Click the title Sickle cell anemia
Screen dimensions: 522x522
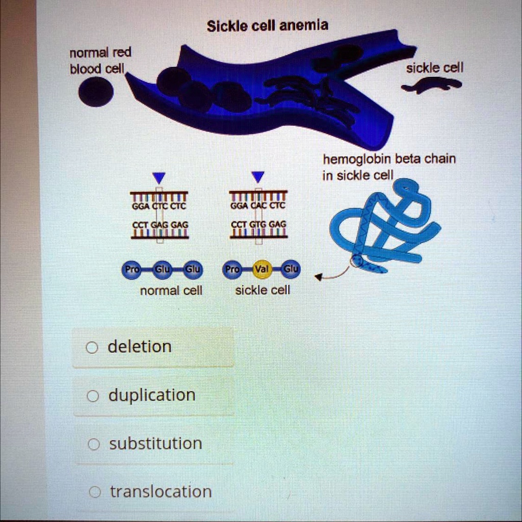coord(268,25)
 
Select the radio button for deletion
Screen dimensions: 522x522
coord(91,348)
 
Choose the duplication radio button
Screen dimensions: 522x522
coord(92,396)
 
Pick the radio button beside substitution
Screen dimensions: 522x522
coord(92,445)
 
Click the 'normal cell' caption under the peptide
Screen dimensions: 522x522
coord(171,291)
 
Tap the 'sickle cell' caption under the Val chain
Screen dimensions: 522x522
coord(263,290)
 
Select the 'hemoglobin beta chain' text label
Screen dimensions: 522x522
coord(389,159)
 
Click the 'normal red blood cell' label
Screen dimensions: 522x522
coord(100,60)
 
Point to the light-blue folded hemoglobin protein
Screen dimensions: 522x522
coord(387,224)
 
